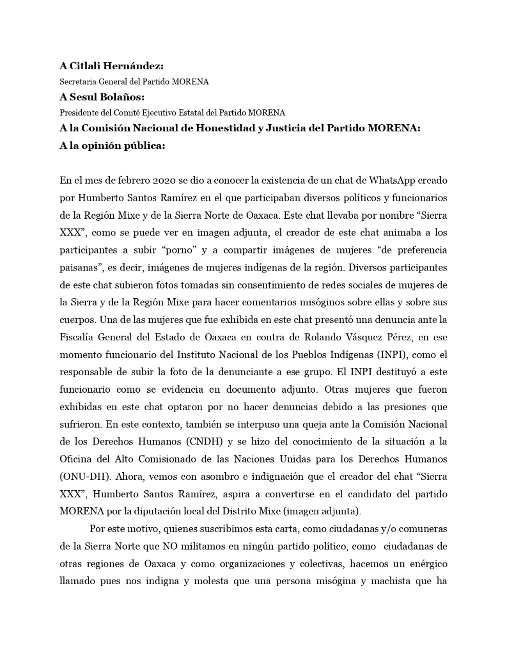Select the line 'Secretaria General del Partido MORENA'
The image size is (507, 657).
click(x=134, y=82)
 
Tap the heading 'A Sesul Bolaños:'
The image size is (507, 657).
click(x=102, y=97)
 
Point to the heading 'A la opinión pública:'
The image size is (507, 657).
click(x=112, y=145)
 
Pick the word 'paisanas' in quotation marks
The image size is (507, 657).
click(x=79, y=268)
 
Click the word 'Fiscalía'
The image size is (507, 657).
click(x=78, y=338)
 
